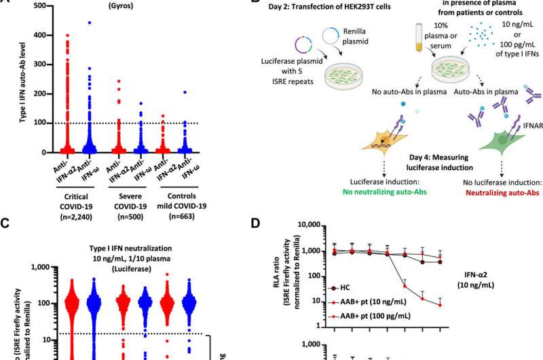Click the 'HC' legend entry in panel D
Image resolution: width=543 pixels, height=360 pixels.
(x=353, y=286)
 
